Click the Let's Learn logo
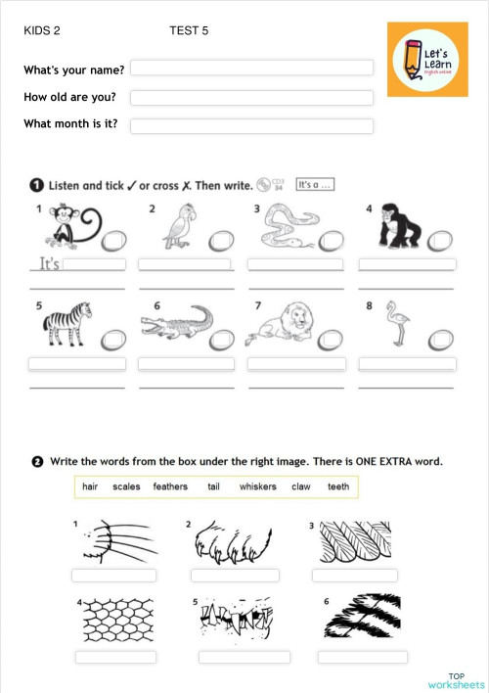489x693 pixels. coord(428,62)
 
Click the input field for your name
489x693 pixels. coord(251,68)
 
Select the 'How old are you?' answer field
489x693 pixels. coord(251,98)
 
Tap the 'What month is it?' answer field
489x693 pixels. coord(251,126)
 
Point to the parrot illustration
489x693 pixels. coord(178,228)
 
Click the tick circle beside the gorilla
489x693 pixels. coord(445,238)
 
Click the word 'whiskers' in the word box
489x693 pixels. coord(257,486)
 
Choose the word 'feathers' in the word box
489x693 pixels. coord(170,486)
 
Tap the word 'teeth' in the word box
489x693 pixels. coord(338,486)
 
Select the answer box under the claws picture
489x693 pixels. coord(235,576)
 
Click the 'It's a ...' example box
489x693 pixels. coord(315,184)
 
